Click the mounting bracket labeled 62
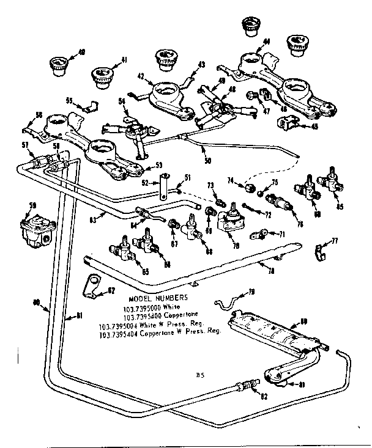tap(92, 286)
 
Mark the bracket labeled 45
tap(285, 122)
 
